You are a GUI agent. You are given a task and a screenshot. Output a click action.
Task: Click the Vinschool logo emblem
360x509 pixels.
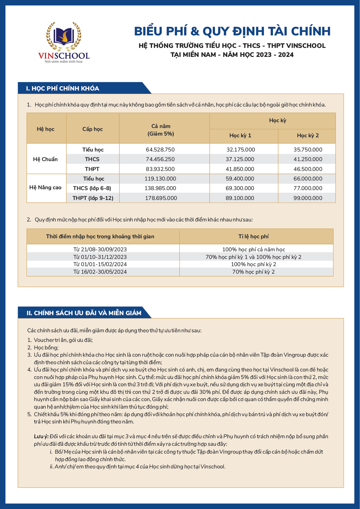point(64,36)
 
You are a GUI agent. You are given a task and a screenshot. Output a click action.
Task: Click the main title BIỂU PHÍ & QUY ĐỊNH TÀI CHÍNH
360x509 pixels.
point(232,31)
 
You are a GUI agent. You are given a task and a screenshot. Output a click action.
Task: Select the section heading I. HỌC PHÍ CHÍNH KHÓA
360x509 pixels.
point(63,89)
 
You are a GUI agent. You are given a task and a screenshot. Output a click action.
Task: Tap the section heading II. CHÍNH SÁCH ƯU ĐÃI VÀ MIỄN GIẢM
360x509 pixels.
point(84,313)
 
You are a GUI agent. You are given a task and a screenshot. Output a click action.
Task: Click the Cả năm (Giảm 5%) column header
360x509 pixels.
point(161,130)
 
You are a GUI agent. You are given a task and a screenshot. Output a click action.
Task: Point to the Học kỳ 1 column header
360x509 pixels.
point(240,136)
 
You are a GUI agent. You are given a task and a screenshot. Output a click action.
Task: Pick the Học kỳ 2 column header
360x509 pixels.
point(308,136)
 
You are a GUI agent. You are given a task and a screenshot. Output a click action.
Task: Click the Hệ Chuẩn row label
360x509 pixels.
point(45,159)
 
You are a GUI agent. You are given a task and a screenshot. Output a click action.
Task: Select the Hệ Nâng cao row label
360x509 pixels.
point(45,188)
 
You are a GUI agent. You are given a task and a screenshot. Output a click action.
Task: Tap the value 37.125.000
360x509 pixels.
point(240,159)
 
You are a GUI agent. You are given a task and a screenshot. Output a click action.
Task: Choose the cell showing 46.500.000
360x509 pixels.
point(308,169)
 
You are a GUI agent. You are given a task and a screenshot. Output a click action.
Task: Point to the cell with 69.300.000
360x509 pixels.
point(240,188)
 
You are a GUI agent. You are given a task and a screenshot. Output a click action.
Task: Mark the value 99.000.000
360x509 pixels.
point(308,198)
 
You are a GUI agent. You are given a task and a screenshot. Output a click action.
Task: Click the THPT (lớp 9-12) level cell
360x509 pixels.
point(93,198)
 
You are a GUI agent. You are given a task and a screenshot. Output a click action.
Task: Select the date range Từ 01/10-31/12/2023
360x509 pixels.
point(100,257)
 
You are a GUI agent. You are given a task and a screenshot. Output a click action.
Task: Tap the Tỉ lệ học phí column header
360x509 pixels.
point(253,237)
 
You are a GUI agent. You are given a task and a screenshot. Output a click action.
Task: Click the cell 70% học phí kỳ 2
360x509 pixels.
point(253,272)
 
